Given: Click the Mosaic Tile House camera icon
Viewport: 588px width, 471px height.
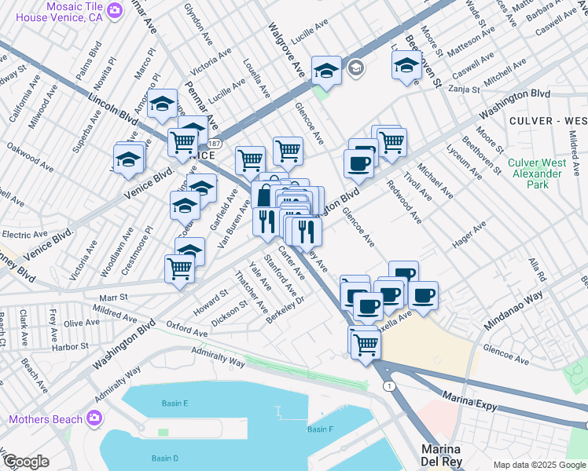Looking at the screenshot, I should [x=116, y=10].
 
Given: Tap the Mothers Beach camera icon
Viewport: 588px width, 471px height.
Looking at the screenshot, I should [x=95, y=418].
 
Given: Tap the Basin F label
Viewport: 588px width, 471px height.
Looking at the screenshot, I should [x=320, y=429].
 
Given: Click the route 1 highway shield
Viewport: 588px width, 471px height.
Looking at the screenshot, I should [x=388, y=385].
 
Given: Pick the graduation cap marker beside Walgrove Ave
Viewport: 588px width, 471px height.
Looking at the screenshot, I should [x=325, y=71].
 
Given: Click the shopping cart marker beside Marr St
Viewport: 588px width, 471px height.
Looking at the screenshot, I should [x=180, y=268].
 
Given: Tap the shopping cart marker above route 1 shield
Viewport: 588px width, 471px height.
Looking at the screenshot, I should [x=366, y=342].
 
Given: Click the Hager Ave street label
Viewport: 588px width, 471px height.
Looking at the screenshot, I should [x=469, y=235].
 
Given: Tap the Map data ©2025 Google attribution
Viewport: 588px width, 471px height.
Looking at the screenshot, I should [x=539, y=465].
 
